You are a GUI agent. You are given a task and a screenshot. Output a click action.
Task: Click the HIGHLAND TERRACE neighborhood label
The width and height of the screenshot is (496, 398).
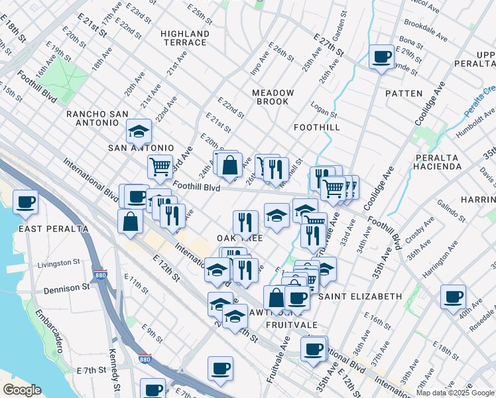pyautogui.click(x=185, y=38)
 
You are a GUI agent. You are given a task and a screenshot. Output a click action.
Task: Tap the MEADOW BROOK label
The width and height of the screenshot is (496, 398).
pyautogui.click(x=270, y=97)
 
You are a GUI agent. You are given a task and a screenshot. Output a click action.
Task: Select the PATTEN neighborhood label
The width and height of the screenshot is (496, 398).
pyautogui.click(x=403, y=94)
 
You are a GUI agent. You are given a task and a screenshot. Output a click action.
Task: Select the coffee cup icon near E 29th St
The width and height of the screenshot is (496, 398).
pyautogui.click(x=381, y=56)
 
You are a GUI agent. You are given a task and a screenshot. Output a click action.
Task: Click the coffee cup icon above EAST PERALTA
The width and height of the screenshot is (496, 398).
pyautogui.click(x=26, y=202)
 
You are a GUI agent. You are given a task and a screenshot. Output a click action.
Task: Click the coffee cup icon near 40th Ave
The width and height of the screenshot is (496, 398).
pyautogui.click(x=454, y=297)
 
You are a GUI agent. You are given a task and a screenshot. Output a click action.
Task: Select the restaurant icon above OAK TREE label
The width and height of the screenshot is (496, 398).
pyautogui.click(x=245, y=222)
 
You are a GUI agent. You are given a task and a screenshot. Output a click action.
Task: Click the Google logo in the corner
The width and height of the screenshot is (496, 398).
pyautogui.click(x=21, y=390)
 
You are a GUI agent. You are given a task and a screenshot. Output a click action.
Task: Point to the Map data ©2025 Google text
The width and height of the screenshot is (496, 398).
pyautogui.click(x=455, y=393)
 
